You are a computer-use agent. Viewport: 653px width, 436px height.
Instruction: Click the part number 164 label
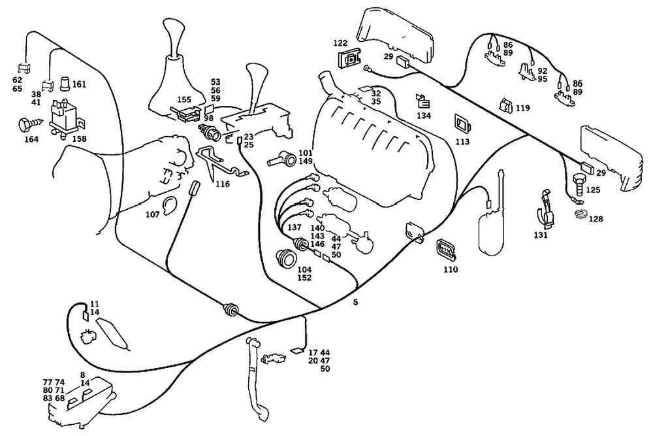point(31,139)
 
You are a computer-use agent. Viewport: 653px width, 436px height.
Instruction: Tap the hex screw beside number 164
point(30,125)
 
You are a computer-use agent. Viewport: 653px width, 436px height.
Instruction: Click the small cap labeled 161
point(65,84)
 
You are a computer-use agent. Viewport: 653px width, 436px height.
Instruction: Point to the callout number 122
point(340,43)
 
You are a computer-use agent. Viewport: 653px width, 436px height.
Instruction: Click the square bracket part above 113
point(462,124)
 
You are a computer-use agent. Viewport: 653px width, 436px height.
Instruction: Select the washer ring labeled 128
point(580,215)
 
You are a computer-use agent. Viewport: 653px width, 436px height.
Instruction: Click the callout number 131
point(541,235)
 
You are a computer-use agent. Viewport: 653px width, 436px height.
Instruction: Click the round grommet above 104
point(287,258)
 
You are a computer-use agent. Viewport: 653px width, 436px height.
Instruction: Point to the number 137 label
point(295,227)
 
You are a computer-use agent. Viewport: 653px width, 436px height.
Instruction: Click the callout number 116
point(223,184)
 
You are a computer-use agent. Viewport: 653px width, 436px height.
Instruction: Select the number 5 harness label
point(355,302)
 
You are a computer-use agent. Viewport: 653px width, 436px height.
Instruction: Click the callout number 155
point(184,99)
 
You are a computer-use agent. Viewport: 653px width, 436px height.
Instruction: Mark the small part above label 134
point(423,102)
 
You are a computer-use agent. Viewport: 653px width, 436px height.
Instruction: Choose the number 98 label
point(209,118)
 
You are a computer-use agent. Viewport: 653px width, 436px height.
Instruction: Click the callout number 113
point(462,142)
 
